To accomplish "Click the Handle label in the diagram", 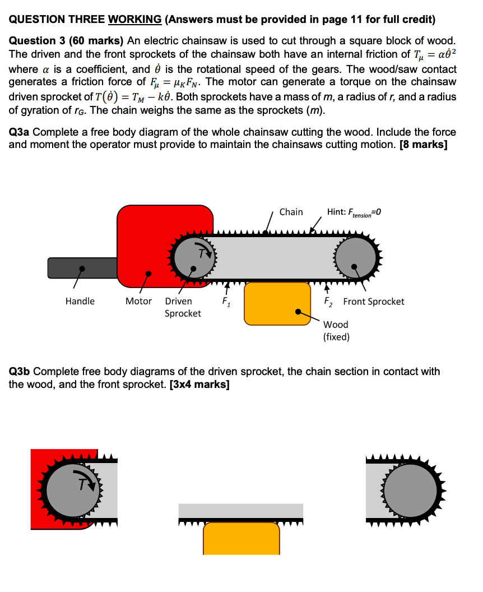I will click(x=80, y=302).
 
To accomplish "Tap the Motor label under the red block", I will click(x=138, y=302).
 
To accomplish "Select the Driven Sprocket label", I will click(x=183, y=307).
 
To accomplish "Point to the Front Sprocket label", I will click(x=373, y=302).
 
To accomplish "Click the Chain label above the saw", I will click(x=291, y=212).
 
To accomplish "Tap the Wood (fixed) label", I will click(x=336, y=331).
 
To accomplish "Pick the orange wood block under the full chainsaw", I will click(x=277, y=303).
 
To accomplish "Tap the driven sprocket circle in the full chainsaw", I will click(x=193, y=257).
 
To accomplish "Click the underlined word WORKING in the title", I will click(x=134, y=20).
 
